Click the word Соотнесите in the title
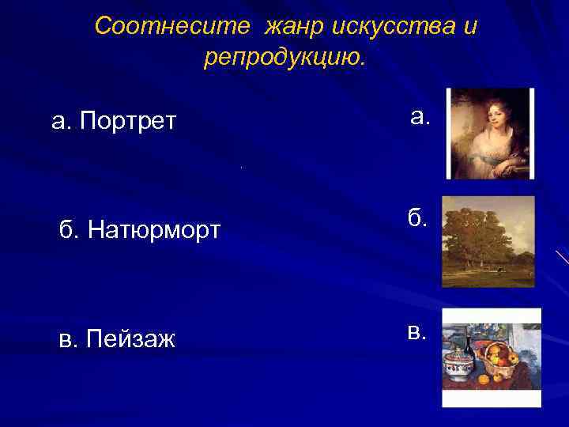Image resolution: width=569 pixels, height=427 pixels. tap(150, 27)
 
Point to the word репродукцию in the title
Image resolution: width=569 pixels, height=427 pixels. tap(284, 58)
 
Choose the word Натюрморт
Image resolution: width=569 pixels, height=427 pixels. tap(154, 230)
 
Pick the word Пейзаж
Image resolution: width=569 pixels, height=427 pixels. tap(130, 339)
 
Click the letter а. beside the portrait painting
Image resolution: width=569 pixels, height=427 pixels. tap(420, 118)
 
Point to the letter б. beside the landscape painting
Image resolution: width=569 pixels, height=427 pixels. tap(418, 219)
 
